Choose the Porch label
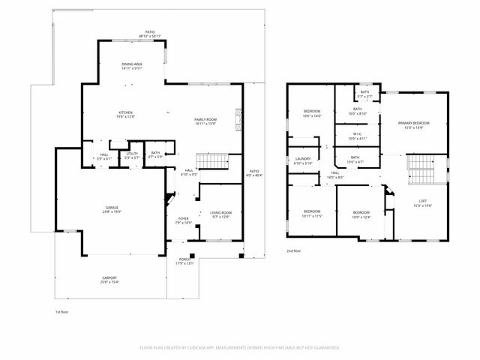point(184,262)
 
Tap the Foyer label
point(183,221)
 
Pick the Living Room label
point(220,214)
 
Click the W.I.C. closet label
point(357,136)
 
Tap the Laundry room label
point(303,161)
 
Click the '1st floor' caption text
point(63,311)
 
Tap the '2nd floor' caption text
point(295,250)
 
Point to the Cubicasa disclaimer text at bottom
point(240,348)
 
